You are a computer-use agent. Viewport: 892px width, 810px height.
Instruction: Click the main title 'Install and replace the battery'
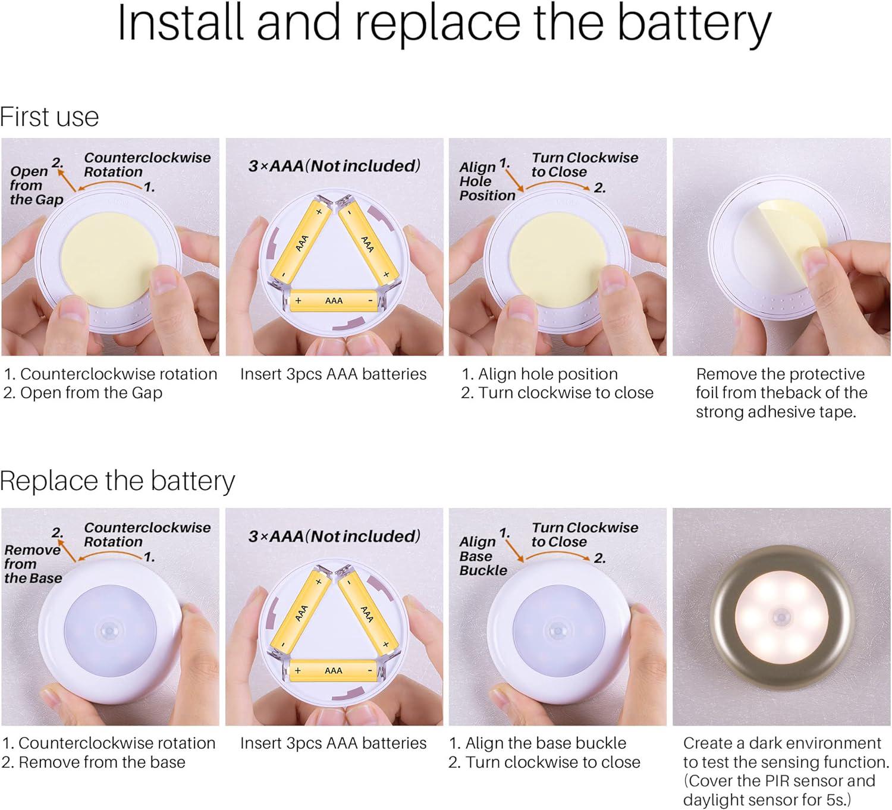pyautogui.click(x=444, y=25)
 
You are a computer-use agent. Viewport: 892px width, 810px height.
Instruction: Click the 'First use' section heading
pyautogui.click(x=49, y=117)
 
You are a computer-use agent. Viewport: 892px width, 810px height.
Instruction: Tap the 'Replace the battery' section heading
pyautogui.click(x=117, y=482)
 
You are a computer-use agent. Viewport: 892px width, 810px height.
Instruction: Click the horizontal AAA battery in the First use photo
pyautogui.click(x=334, y=301)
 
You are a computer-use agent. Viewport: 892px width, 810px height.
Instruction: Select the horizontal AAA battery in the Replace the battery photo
pyautogui.click(x=334, y=670)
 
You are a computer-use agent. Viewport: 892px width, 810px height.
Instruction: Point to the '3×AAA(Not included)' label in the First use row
pyautogui.click(x=334, y=166)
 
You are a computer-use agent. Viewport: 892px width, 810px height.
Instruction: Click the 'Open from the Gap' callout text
pyautogui.click(x=36, y=185)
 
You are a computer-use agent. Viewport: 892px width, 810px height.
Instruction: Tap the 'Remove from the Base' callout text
pyautogui.click(x=33, y=564)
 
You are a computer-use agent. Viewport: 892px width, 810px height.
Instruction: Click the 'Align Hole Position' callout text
pyautogui.click(x=488, y=181)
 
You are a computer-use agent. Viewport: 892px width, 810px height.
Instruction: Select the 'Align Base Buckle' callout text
pyautogui.click(x=483, y=556)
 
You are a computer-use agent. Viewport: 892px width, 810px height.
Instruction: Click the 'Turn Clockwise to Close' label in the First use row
pyautogui.click(x=585, y=165)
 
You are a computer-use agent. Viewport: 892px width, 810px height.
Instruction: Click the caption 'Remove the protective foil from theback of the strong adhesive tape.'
pyautogui.click(x=781, y=393)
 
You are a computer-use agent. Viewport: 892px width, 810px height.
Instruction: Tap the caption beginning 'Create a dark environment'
pyautogui.click(x=786, y=771)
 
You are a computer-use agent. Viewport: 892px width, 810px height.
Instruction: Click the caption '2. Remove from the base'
pyautogui.click(x=93, y=762)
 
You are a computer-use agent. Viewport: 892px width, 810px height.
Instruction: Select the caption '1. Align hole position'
pyautogui.click(x=540, y=374)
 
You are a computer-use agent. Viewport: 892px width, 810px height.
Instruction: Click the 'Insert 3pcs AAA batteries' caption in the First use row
pyautogui.click(x=334, y=374)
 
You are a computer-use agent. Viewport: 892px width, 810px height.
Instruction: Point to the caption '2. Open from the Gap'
pyautogui.click(x=83, y=393)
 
